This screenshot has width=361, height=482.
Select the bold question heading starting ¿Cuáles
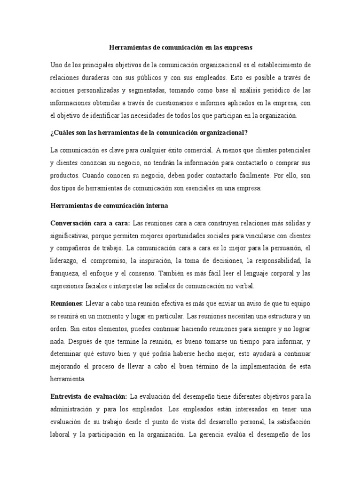pyautogui.click(x=149, y=132)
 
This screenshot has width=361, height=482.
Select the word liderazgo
pyautogui.click(x=65, y=260)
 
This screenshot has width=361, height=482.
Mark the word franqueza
pyautogui.click(x=64, y=273)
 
